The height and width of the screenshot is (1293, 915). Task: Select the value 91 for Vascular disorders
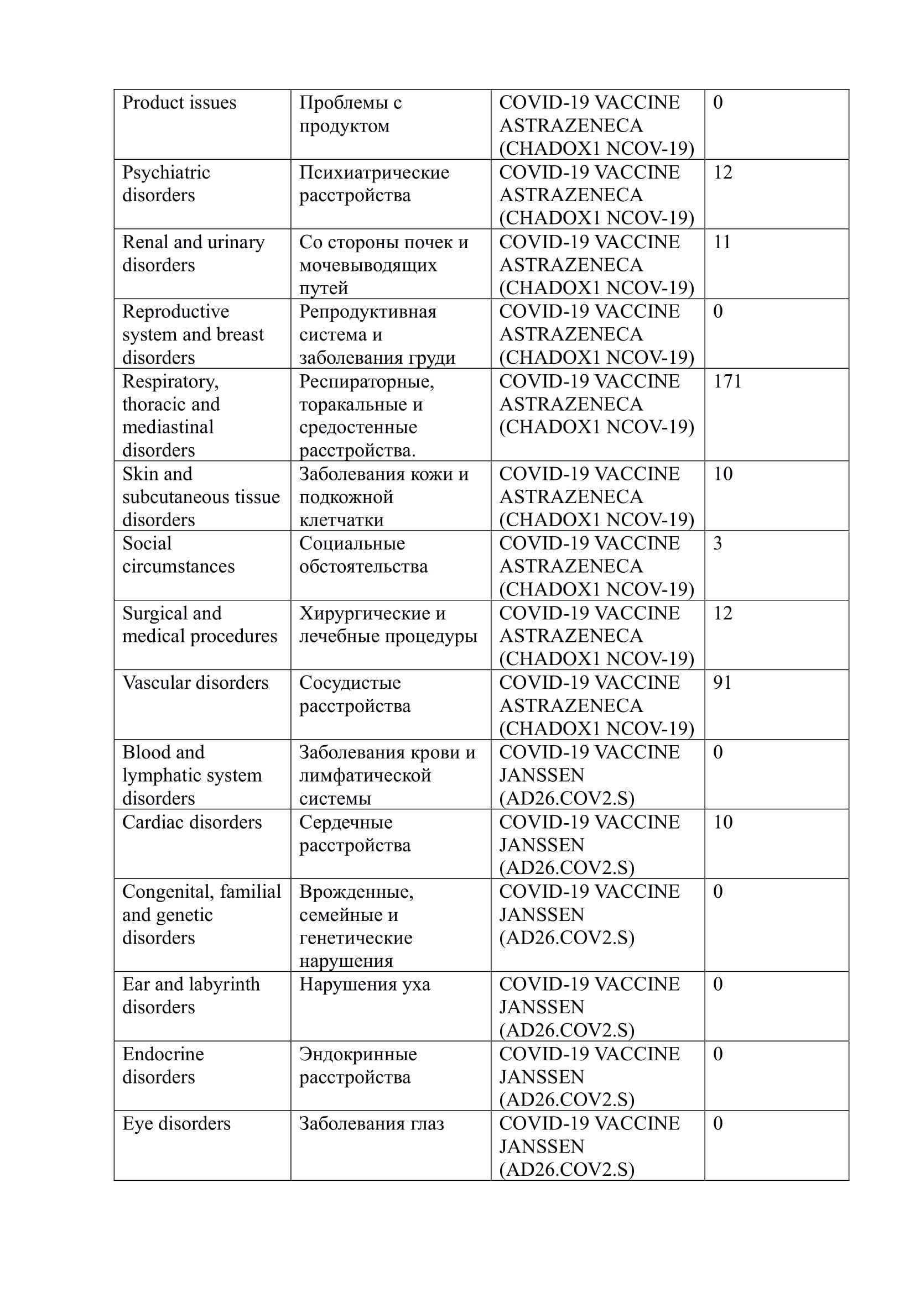[x=722, y=683]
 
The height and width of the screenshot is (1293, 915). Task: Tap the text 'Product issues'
[x=179, y=102]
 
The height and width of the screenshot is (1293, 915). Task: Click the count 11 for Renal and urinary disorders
[x=722, y=242]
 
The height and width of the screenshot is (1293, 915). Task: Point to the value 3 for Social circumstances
[x=718, y=543]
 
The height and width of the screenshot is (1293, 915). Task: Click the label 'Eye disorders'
[x=176, y=1123]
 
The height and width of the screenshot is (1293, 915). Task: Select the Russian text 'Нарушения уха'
[x=365, y=985]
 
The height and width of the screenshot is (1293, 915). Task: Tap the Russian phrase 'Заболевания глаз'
[x=371, y=1123]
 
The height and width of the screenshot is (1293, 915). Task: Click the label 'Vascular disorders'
[x=195, y=683]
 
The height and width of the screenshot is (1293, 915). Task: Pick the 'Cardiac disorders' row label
[x=192, y=822]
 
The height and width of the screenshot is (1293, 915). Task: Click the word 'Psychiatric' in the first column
[x=166, y=172]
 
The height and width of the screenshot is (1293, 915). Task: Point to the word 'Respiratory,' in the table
[x=171, y=381]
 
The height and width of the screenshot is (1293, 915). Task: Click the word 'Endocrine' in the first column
[x=163, y=1054]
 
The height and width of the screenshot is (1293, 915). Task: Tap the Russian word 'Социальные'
[x=352, y=543]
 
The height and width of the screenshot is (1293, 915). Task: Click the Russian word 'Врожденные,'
[x=356, y=892]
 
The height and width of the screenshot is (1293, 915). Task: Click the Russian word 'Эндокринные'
[x=358, y=1054]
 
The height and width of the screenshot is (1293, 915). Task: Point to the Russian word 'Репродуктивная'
[x=367, y=311]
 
